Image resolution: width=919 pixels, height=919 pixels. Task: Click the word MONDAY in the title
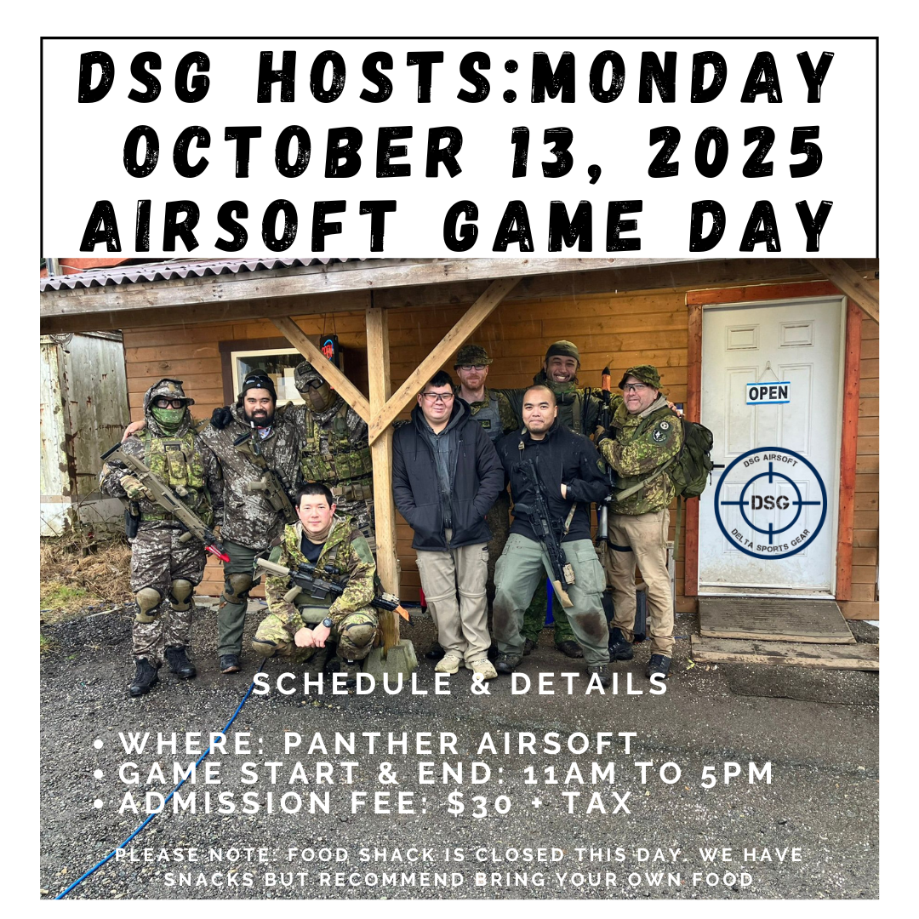[681, 77]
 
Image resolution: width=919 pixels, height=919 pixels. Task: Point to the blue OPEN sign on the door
[768, 392]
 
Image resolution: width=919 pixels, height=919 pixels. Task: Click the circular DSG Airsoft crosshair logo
[769, 503]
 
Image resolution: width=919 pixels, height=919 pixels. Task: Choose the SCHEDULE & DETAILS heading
[460, 684]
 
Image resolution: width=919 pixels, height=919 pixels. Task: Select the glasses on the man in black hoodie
[437, 397]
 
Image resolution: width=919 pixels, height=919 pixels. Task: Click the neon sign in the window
[328, 349]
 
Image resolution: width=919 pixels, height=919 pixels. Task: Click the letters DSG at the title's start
[146, 77]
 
